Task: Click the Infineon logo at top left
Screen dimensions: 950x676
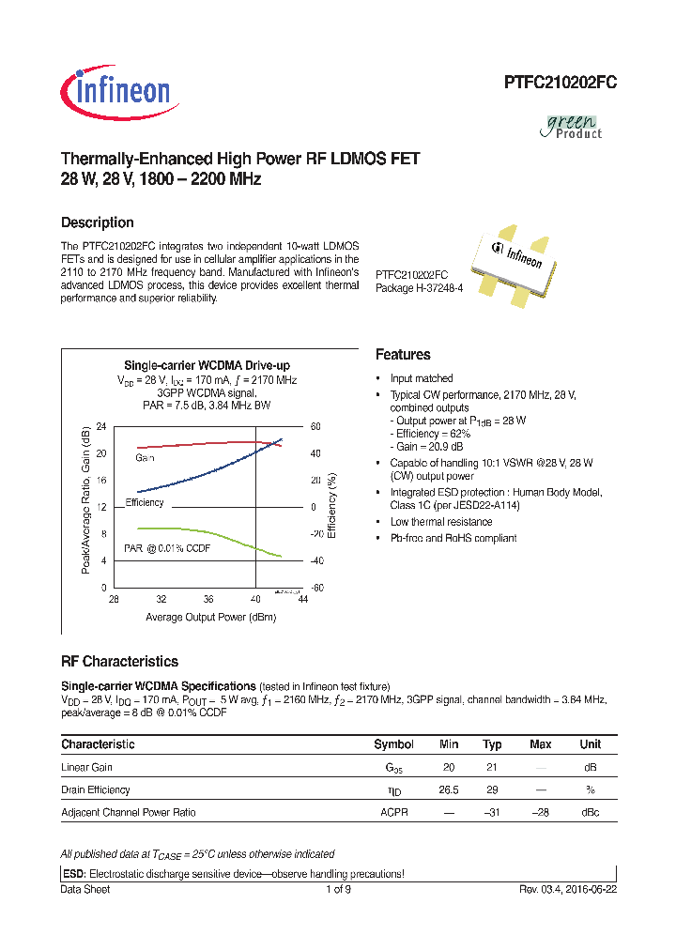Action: click(115, 90)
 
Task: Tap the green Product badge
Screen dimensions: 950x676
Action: click(574, 126)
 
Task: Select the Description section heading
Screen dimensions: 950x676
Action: click(97, 222)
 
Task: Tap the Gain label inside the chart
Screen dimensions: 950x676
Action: click(145, 457)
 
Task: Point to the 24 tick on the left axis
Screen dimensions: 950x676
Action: click(102, 426)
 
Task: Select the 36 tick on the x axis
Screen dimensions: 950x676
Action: click(208, 599)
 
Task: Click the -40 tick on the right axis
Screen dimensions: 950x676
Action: click(316, 560)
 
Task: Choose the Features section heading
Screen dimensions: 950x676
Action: click(403, 355)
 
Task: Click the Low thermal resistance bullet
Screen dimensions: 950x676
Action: click(440, 522)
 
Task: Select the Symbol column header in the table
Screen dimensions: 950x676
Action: click(393, 744)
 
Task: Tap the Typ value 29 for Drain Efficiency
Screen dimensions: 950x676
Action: click(491, 789)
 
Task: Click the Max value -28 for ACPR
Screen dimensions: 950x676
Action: click(540, 812)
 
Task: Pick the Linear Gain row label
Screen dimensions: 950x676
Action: click(86, 767)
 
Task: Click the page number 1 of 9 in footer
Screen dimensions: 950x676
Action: click(338, 889)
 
